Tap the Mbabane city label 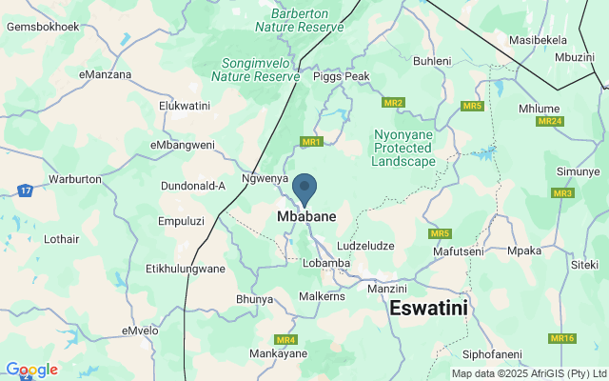tap(305, 217)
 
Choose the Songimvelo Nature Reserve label tap(255, 69)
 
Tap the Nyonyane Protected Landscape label tap(404, 149)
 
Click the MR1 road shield tap(311, 142)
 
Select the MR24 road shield tap(550, 121)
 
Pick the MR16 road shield tap(562, 338)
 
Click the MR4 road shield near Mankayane tap(285, 340)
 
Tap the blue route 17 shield tap(25, 191)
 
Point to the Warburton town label tap(74, 179)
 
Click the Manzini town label tap(386, 288)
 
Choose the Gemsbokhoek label tap(43, 27)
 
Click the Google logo tap(31, 370)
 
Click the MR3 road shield tap(562, 193)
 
